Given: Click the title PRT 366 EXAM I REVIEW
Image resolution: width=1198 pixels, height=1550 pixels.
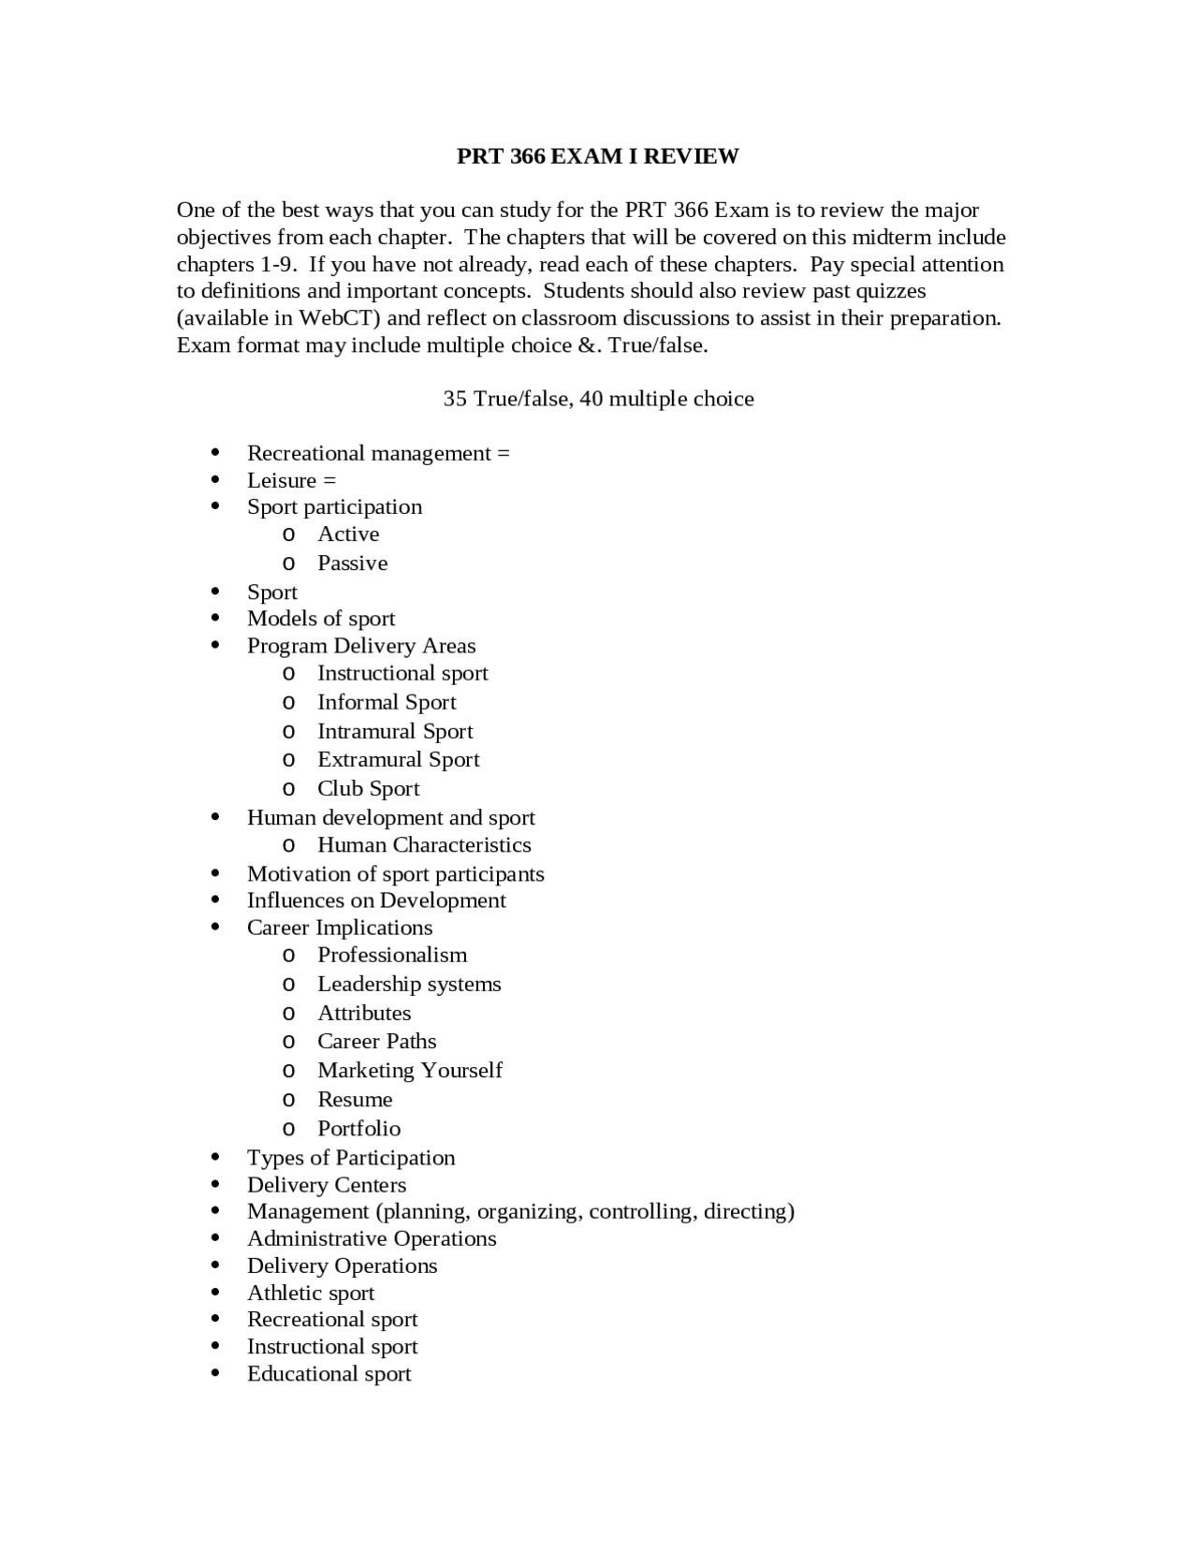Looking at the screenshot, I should coord(597,156).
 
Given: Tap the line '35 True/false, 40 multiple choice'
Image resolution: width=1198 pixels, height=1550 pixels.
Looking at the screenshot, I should coord(598,399).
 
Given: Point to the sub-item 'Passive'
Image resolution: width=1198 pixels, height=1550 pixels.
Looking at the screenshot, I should coord(352,563).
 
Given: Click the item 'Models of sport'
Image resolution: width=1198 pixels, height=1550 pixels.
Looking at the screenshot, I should coord(321,619).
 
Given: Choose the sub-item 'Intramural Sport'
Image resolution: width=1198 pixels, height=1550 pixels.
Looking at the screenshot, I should coord(395,731).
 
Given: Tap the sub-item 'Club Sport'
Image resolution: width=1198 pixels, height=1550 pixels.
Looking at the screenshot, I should coord(368,788).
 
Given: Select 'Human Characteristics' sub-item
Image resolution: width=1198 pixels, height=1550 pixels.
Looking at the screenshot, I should coord(424,844).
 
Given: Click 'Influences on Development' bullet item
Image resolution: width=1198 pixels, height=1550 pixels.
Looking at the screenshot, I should coord(376,900).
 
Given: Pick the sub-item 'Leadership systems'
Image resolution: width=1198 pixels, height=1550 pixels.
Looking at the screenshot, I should coord(409,984).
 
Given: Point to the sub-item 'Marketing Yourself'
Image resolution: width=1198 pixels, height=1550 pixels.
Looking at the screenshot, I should coord(410,1070).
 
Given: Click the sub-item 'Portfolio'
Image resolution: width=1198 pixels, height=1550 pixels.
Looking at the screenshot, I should coord(358,1128).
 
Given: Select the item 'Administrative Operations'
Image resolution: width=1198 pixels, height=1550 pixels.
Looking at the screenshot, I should coord(372,1238).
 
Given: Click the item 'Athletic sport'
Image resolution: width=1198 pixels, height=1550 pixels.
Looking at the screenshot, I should coord(311,1293).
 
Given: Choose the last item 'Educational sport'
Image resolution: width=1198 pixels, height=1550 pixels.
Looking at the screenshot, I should coord(329,1373).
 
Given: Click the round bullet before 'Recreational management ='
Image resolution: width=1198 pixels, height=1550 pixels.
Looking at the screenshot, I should coord(216,453).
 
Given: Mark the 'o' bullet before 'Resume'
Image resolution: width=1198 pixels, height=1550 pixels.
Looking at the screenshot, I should coord(288,1100).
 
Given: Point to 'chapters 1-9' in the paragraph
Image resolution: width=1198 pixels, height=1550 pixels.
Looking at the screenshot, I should coord(235,264).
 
